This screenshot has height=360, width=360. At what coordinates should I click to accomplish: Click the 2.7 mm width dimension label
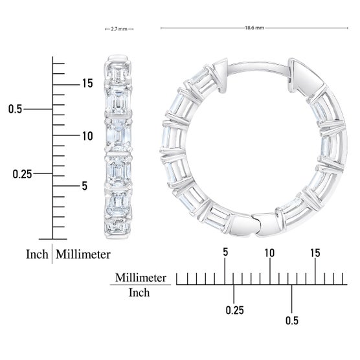tap(119, 29)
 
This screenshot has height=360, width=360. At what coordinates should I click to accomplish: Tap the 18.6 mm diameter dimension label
tap(254, 28)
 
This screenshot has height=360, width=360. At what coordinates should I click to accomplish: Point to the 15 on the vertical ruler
tap(87, 83)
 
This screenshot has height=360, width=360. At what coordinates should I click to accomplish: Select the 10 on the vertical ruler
tap(87, 136)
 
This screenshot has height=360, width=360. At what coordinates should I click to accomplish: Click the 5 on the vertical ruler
tap(84, 186)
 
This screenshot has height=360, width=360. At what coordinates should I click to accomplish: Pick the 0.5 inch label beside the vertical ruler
tap(15, 109)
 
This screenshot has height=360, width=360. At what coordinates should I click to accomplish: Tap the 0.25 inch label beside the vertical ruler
tap(22, 174)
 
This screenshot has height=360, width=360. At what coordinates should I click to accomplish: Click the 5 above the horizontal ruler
tap(225, 252)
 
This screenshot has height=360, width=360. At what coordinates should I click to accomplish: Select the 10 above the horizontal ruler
tap(269, 253)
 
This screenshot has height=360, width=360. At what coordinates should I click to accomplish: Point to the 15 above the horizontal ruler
tap(315, 253)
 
